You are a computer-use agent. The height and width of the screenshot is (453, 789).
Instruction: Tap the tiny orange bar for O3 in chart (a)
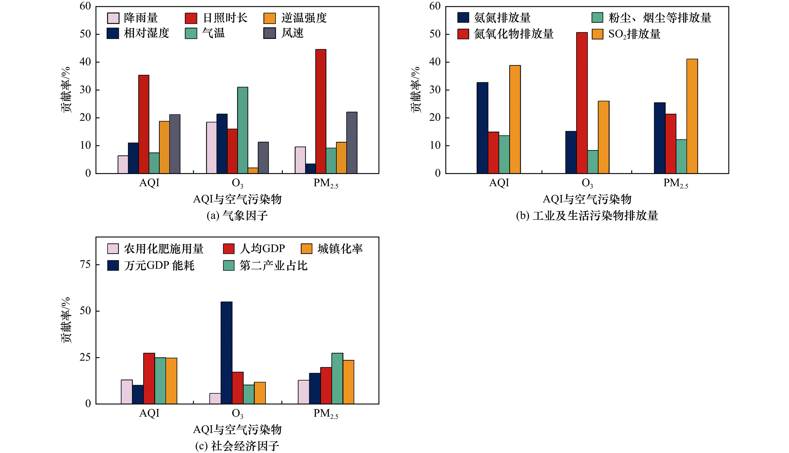tap(253, 171)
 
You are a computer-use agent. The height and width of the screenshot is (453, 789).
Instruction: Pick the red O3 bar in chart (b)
tap(582, 103)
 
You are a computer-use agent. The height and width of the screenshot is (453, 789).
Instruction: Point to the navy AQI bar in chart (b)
tap(482, 127)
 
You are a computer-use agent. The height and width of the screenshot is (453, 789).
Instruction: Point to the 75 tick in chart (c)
tap(85, 264)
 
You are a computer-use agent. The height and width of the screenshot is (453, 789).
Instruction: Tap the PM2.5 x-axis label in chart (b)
tap(675, 183)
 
